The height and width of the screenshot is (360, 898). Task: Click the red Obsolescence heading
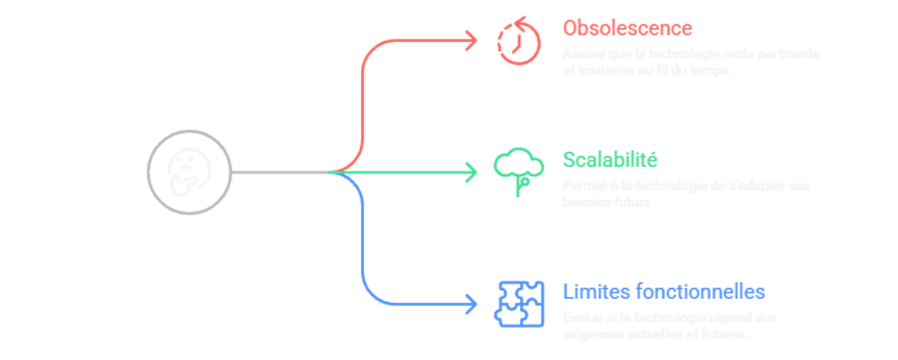(627, 27)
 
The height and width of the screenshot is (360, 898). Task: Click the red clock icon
(516, 39)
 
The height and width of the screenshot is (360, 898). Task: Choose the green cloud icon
(517, 170)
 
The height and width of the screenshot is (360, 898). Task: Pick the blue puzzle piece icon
(517, 302)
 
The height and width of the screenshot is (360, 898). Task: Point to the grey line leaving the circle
(277, 172)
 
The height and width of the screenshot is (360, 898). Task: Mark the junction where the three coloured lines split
(334, 172)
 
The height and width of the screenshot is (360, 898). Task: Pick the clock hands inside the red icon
(516, 42)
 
